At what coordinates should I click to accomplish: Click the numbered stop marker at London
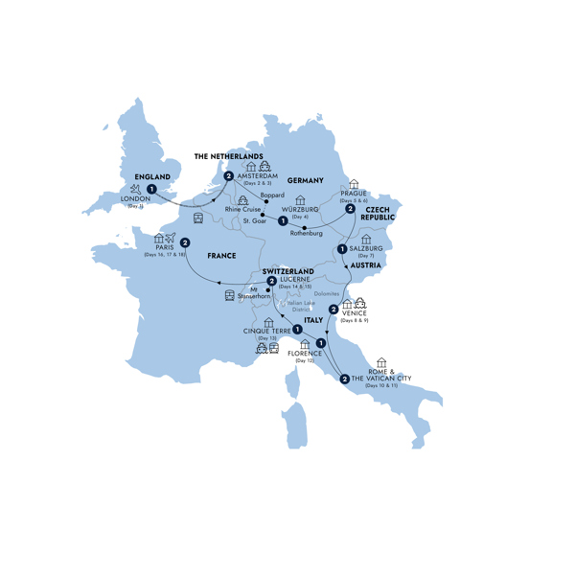(x=151, y=189)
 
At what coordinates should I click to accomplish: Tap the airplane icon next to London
(x=133, y=191)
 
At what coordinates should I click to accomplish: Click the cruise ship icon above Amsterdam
(x=265, y=166)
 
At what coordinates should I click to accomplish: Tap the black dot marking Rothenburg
(x=304, y=227)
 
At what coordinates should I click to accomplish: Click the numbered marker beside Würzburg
(x=282, y=221)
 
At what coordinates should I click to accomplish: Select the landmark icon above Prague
(x=354, y=183)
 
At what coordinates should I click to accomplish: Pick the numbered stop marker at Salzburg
(x=342, y=249)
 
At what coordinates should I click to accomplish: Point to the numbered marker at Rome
(x=344, y=379)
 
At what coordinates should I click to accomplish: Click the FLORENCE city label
(x=305, y=354)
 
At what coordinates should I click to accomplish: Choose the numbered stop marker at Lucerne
(x=259, y=282)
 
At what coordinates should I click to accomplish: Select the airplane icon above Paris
(x=171, y=239)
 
